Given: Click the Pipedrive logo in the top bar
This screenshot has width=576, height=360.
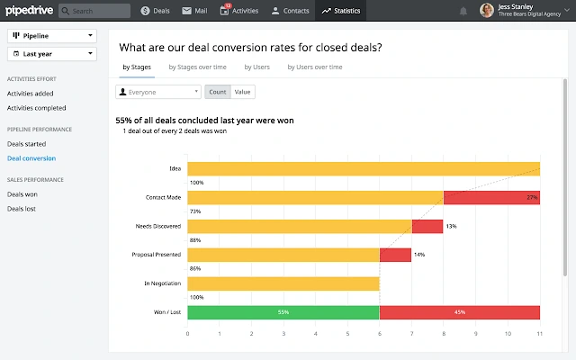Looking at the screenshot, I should coord(30,11).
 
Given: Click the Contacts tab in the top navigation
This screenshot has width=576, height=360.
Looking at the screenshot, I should coord(291,11).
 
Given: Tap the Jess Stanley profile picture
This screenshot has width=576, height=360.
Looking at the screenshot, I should coord(486,11).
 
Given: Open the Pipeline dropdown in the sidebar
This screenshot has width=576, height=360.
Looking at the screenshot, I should coord(52,36).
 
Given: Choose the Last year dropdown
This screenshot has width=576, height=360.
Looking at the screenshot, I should coord(52,54).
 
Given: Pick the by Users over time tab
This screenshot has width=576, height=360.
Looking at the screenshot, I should coord(315,67).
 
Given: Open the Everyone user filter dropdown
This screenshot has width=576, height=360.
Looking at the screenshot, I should coord(158,92).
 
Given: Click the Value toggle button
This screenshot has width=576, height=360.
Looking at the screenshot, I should coord(243,92).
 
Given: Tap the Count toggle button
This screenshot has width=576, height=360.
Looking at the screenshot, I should coord(217,92).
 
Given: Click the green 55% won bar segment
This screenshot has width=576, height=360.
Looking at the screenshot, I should coord(283,312).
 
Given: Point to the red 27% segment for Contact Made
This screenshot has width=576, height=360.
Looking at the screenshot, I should coord(491,197).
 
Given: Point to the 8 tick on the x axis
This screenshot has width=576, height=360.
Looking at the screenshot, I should coord(444,334).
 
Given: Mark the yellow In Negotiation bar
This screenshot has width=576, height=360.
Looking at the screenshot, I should coord(283,283).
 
